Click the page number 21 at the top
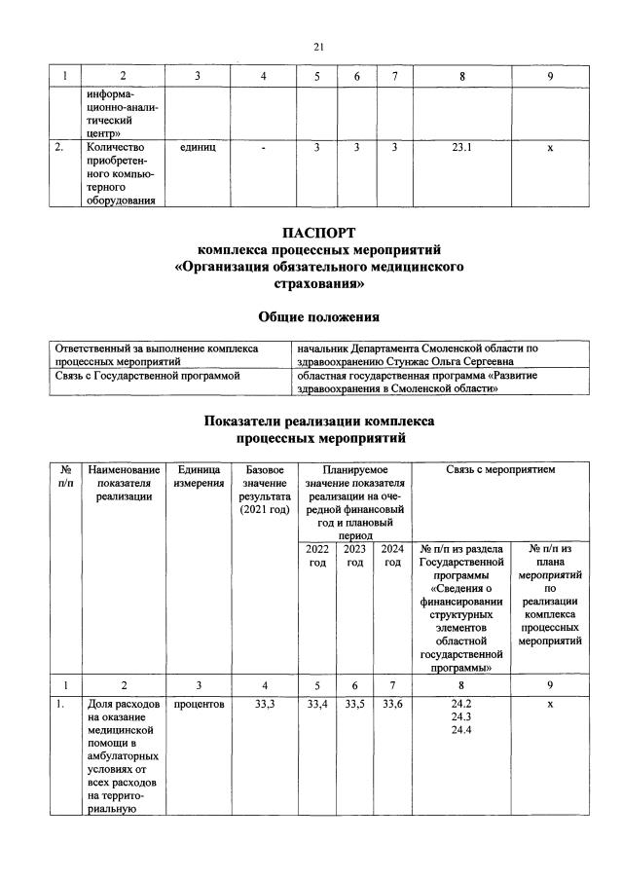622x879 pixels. pyautogui.click(x=318, y=47)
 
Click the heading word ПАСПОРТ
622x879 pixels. pyautogui.click(x=317, y=234)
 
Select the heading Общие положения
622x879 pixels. pyautogui.click(x=317, y=316)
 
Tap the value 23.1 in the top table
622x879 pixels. pyautogui.click(x=462, y=148)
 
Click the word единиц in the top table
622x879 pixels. pyautogui.click(x=198, y=148)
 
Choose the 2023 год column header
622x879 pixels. pyautogui.click(x=355, y=556)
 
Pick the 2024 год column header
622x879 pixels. pyautogui.click(x=392, y=556)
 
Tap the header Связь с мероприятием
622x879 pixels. pyautogui.click(x=500, y=470)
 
